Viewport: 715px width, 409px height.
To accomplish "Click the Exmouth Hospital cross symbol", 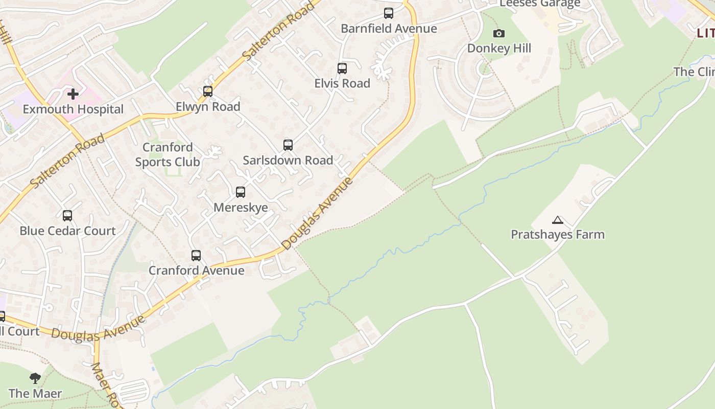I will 73,94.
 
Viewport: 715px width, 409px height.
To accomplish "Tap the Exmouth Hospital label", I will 73,109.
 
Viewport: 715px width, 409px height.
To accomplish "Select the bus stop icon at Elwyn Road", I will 208,92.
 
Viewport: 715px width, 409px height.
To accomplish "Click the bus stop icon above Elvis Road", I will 342,68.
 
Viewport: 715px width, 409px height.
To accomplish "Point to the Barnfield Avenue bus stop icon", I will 389,13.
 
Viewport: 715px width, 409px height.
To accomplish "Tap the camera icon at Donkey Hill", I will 499,34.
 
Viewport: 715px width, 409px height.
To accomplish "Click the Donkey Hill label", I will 499,49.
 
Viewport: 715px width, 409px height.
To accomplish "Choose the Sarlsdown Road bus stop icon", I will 288,145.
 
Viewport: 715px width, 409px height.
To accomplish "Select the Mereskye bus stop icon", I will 241,192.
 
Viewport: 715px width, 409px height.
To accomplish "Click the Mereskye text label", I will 241,208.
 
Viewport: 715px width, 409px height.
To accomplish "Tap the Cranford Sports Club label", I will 168,155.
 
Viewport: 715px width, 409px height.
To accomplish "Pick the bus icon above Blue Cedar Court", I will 67,216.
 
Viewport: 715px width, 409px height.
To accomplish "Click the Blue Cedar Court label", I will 67,231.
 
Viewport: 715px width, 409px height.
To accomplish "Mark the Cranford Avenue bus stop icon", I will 196,256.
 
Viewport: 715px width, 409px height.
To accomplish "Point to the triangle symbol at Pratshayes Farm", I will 557,220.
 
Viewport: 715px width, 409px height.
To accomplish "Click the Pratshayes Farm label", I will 558,235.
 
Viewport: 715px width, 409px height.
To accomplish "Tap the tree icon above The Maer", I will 35,378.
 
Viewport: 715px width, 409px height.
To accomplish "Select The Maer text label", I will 35,394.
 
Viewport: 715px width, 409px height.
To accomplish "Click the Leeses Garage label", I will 540,4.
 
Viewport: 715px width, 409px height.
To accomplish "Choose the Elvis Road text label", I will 342,83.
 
